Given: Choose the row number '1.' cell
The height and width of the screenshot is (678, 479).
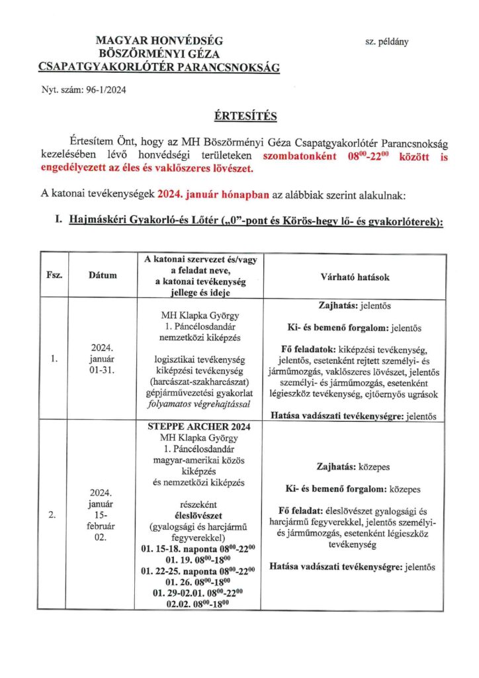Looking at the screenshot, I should pos(56,360).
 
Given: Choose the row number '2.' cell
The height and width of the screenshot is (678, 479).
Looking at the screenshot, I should pos(56,514).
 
